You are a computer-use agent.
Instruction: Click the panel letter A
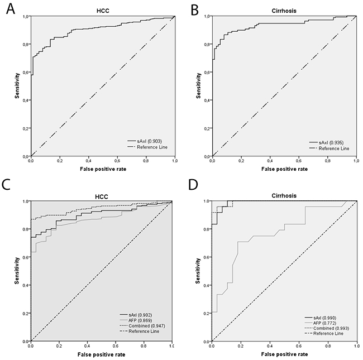click(x=11, y=9)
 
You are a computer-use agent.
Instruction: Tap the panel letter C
click(x=6, y=185)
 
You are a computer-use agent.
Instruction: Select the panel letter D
click(x=193, y=185)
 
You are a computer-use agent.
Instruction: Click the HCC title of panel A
click(x=103, y=11)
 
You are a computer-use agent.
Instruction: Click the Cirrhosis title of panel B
click(x=284, y=11)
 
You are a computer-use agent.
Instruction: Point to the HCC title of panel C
click(x=102, y=196)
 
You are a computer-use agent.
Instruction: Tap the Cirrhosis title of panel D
click(x=284, y=196)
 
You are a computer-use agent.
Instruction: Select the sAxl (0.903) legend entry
click(x=144, y=141)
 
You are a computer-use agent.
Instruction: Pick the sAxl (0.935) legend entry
click(x=326, y=142)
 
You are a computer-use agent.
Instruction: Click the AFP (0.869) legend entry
click(x=136, y=320)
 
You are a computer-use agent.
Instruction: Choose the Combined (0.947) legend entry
click(x=142, y=326)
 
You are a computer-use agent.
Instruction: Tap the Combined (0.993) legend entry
click(x=327, y=328)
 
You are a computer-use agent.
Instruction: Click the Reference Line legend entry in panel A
click(x=147, y=147)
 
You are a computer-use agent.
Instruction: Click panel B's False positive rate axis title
click(x=284, y=169)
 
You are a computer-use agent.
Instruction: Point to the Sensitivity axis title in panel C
click(x=17, y=271)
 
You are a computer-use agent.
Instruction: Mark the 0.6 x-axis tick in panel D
click(x=299, y=346)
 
